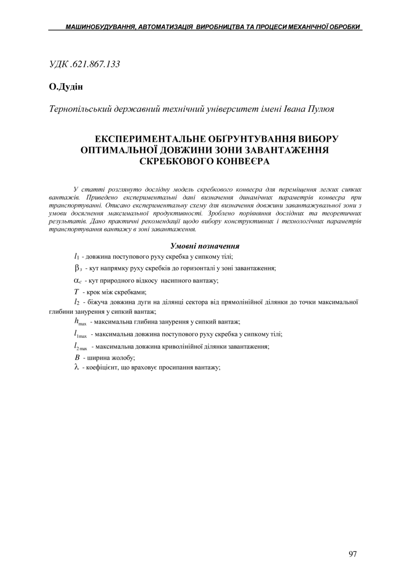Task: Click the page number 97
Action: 352,554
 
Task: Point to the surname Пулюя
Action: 321,109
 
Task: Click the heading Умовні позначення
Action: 205,246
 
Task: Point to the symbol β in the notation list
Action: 78,268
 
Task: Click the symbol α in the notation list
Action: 78,280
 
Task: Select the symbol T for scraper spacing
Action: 76,292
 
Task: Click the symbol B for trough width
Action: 77,357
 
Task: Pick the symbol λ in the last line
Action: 77,367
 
